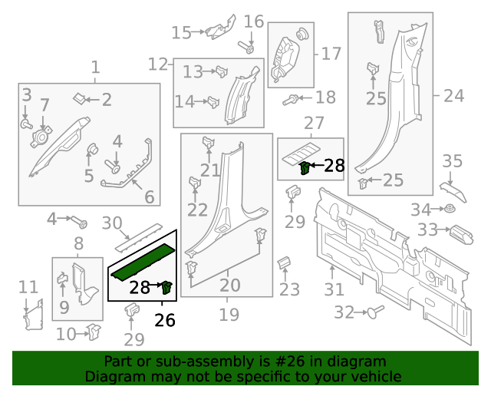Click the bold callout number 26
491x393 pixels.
pyautogui.click(x=165, y=320)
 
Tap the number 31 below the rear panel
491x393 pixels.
pyautogui.click(x=334, y=289)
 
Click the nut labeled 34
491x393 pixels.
pyautogui.click(x=450, y=210)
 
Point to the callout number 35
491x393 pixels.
pyautogui.click(x=453, y=161)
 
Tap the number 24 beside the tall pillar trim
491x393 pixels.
pyautogui.click(x=454, y=96)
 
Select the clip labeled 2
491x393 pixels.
pyautogui.click(x=80, y=99)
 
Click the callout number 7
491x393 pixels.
pyautogui.click(x=44, y=105)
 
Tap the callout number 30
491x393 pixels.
pyautogui.click(x=112, y=223)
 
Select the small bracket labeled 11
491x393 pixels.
pyautogui.click(x=32, y=315)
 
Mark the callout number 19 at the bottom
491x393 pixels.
pyautogui.click(x=229, y=315)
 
